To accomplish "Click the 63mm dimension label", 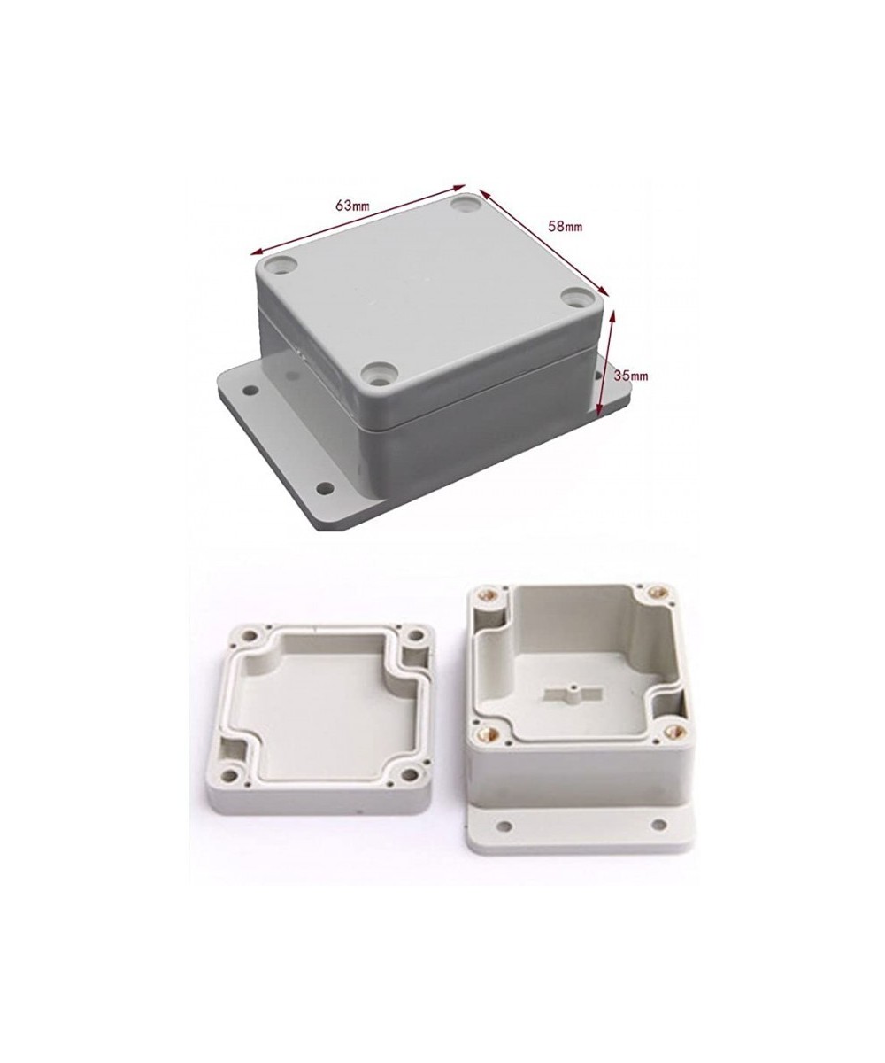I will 352,205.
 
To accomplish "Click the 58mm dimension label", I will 566,226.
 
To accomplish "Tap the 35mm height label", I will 632,376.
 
